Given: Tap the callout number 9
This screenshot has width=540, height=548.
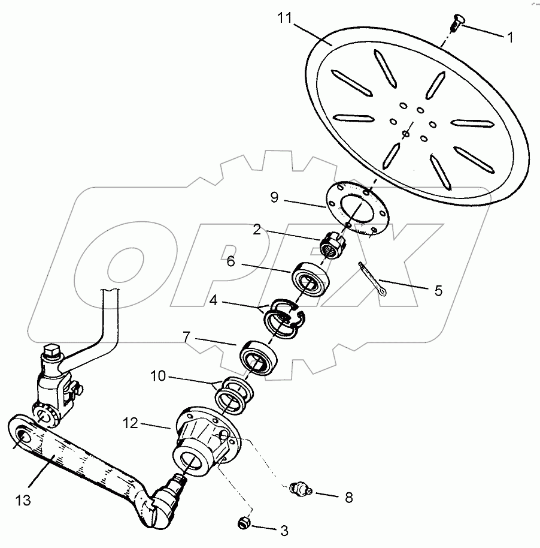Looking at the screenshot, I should point(274,197).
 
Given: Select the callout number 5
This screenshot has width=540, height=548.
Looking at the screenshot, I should point(438,291).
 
